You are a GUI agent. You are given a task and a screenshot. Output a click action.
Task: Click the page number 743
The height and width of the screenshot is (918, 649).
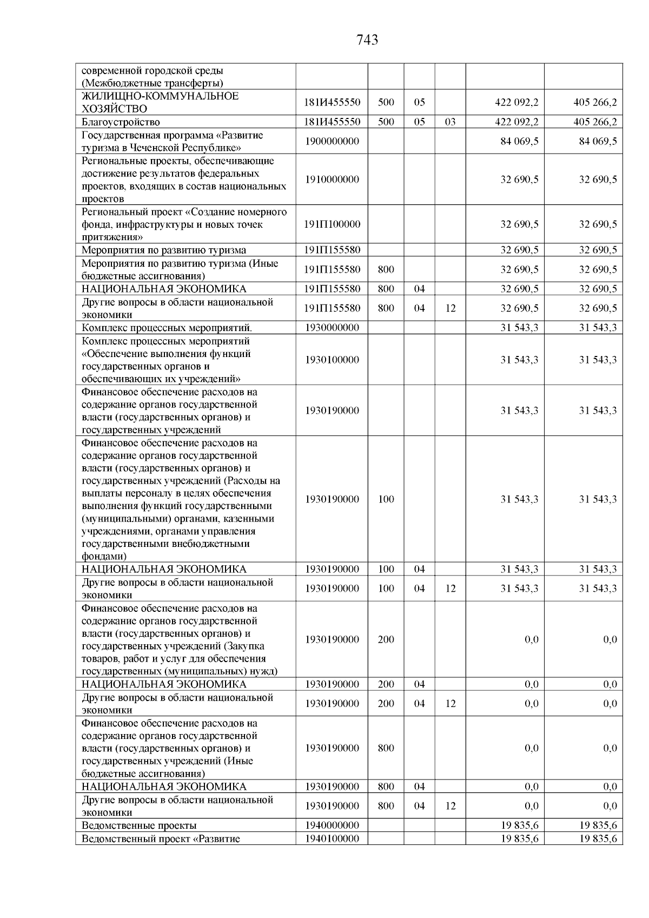tap(367, 40)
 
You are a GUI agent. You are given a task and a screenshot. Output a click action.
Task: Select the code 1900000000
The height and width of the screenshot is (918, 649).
tap(332, 142)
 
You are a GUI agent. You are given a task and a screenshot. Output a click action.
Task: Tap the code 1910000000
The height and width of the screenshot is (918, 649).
tap(332, 180)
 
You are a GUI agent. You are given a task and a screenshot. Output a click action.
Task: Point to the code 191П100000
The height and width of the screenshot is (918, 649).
tap(332, 224)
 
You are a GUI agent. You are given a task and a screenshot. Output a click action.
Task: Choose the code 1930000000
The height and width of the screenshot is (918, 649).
tap(332, 328)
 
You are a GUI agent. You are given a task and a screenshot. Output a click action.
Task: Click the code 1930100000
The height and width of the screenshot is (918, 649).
tap(332, 360)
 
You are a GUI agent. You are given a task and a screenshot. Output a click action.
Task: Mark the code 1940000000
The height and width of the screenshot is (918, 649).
tap(332, 825)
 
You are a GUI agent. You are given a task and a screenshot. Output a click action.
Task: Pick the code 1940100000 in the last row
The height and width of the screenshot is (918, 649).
tap(332, 838)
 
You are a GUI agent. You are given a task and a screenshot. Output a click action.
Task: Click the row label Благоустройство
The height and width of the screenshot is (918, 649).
tap(121, 122)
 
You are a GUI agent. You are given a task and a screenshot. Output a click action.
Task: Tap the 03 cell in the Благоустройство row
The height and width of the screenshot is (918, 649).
tap(450, 122)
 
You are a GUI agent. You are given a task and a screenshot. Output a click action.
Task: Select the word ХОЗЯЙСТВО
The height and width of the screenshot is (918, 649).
tap(114, 109)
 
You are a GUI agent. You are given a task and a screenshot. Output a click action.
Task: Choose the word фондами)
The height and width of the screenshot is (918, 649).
tap(104, 556)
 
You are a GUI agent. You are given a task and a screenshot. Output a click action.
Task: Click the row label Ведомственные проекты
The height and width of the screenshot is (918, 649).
tap(139, 825)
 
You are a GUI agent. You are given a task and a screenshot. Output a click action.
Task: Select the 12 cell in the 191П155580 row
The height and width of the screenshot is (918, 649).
tap(450, 308)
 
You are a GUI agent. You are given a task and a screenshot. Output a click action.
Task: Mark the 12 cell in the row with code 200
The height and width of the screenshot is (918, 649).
tap(450, 704)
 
